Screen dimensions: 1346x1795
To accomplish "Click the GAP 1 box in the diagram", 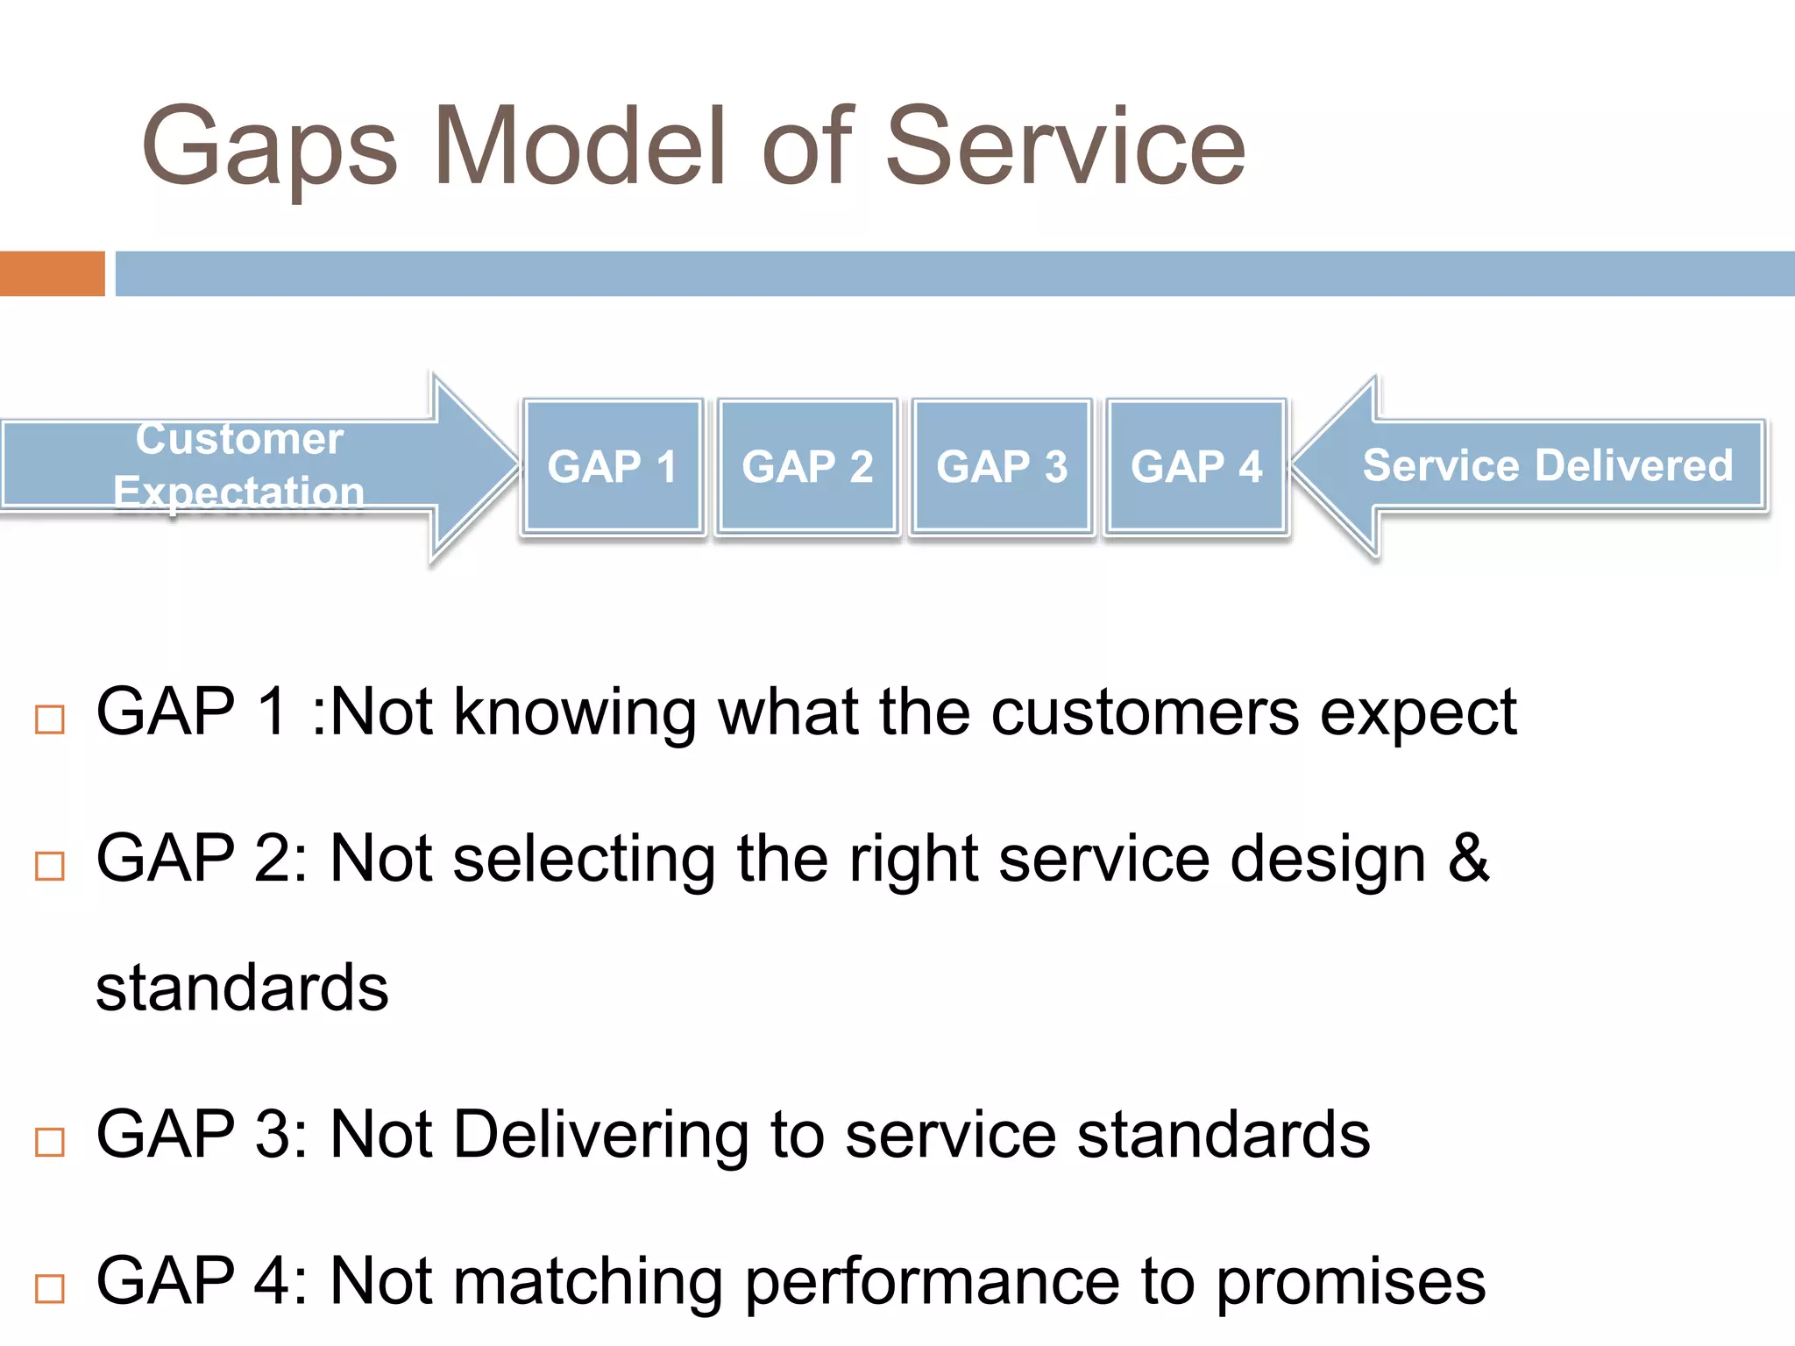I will [x=613, y=466].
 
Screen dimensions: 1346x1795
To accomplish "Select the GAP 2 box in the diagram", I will [x=807, y=466].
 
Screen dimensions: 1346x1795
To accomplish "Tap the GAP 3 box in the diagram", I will [x=1002, y=466].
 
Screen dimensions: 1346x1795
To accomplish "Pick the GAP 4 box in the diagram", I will [x=1196, y=466].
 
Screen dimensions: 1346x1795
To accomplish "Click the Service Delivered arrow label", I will [x=1547, y=465].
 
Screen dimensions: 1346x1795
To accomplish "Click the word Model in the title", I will [x=579, y=147].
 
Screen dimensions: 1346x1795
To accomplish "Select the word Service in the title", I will [x=1065, y=147].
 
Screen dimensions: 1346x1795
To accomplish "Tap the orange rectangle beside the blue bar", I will [x=52, y=273].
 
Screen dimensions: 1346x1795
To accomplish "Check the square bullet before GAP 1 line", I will [x=50, y=719].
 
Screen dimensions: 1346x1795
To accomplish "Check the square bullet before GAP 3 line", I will [x=50, y=1142].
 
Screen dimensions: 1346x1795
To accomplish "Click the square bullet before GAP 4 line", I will [x=50, y=1288].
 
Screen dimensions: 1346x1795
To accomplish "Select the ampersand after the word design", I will [x=1468, y=859].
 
